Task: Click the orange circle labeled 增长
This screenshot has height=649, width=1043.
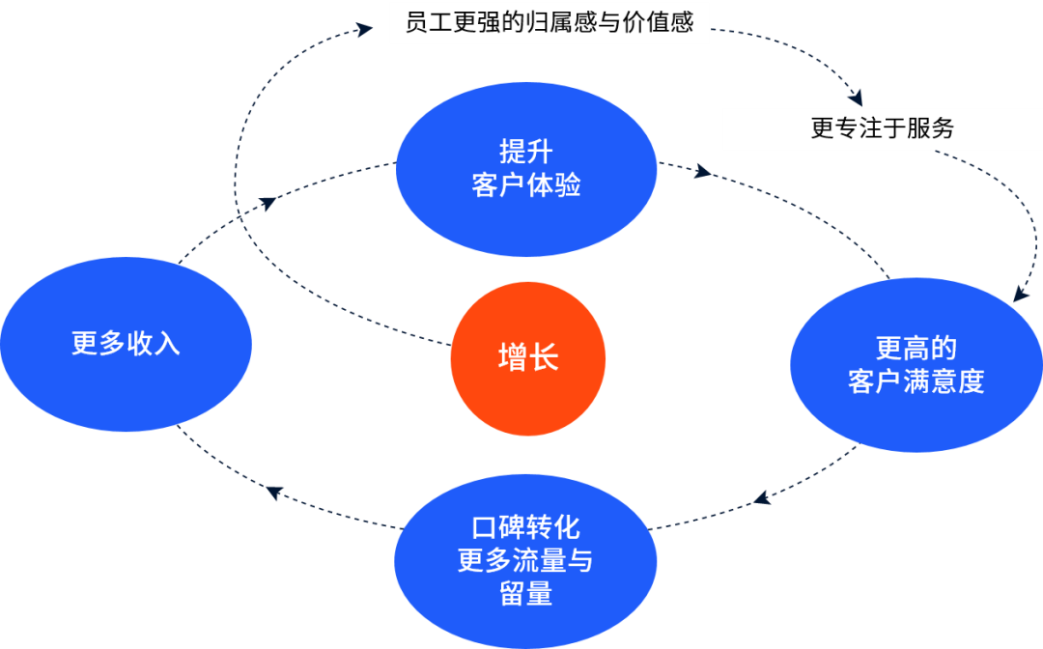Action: pyautogui.click(x=527, y=358)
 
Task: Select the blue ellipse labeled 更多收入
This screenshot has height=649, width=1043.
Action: pyautogui.click(x=126, y=344)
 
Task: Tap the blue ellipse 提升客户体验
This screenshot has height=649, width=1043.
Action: pyautogui.click(x=526, y=169)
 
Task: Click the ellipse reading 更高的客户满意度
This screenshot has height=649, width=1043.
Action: pyautogui.click(x=916, y=364)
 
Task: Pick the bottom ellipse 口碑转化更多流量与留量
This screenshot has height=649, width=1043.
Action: pyautogui.click(x=526, y=560)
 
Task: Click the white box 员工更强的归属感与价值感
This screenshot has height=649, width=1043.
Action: pyautogui.click(x=550, y=22)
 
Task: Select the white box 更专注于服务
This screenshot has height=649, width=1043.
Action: pyautogui.click(x=882, y=128)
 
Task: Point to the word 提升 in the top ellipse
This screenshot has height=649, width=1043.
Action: pyautogui.click(x=526, y=152)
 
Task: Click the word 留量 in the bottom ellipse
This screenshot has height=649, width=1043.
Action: pyautogui.click(x=526, y=593)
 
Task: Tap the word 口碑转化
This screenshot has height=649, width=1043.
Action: pyautogui.click(x=526, y=527)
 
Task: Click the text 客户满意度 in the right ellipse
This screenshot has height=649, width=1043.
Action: pyautogui.click(x=916, y=381)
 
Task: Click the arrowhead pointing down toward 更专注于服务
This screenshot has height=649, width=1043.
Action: pyautogui.click(x=854, y=97)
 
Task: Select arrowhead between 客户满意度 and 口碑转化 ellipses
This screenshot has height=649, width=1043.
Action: pyautogui.click(x=763, y=499)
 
